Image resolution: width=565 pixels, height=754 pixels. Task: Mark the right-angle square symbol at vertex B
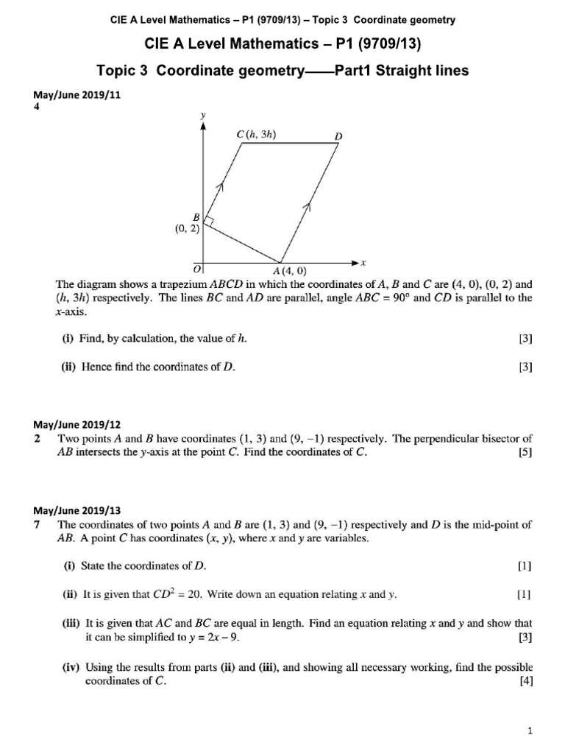[208, 221]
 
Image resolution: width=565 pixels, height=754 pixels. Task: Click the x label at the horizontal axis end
[363, 262]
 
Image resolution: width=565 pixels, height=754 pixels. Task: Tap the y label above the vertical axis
[202, 115]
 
